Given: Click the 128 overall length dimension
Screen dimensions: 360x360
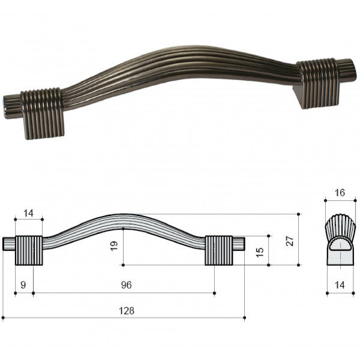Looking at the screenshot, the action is tap(127, 311).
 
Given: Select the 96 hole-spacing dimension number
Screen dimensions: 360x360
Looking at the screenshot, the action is tap(126, 285).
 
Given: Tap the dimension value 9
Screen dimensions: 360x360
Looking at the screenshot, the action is tap(23, 285).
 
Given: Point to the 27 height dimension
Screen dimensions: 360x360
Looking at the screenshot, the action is tap(290, 241).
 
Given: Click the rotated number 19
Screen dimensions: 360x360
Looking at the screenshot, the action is tap(114, 245).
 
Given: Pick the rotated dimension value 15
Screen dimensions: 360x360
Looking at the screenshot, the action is tap(260, 253).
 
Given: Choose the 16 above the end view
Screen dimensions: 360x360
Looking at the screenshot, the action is tap(340, 193).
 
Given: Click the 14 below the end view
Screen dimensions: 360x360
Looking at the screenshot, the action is tap(340, 285).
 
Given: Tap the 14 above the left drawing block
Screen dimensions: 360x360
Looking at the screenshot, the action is tap(28, 213).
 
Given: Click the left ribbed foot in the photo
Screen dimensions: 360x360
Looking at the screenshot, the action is tap(42, 113).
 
